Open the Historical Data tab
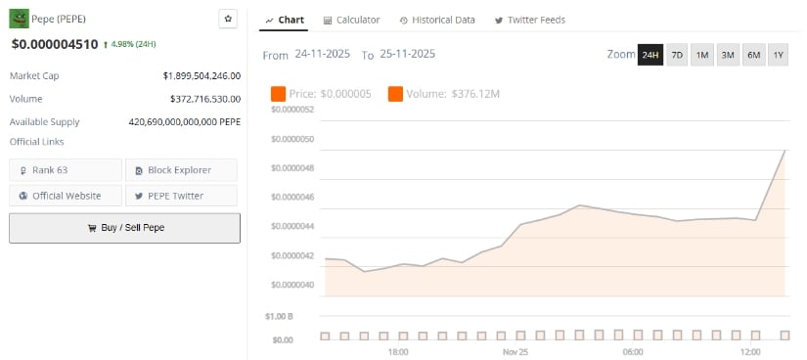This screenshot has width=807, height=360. [437, 20]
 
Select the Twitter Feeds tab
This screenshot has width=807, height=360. [529, 20]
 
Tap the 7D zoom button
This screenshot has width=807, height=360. [677, 55]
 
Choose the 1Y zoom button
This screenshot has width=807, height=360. [778, 55]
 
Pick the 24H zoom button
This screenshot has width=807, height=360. [650, 55]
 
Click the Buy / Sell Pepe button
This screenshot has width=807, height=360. [124, 228]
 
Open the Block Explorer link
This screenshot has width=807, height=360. [180, 170]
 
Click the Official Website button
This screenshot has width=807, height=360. [66, 196]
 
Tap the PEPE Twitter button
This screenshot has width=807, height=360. [180, 196]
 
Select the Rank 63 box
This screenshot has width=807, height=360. [66, 170]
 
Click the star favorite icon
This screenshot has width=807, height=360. [228, 19]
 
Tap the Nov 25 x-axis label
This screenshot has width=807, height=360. [516, 351]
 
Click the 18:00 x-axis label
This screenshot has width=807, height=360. [398, 351]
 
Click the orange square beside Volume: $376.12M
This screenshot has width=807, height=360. [395, 94]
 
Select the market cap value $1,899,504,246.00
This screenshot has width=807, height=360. [202, 74]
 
